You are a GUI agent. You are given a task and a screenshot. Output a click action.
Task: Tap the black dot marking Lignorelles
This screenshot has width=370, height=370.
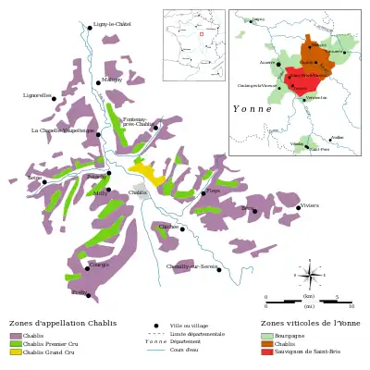(x=53, y=98)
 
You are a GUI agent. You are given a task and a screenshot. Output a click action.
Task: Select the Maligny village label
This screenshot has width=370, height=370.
(x=112, y=80)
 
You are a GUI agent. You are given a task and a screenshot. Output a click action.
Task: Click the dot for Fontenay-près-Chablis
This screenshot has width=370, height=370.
(x=155, y=128)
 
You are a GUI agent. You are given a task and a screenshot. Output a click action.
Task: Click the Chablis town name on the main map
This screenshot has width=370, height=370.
(x=137, y=192)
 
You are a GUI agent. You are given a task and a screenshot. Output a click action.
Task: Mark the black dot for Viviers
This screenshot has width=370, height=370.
(x=299, y=208)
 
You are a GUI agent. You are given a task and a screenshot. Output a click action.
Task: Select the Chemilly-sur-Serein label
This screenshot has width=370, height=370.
(x=191, y=266)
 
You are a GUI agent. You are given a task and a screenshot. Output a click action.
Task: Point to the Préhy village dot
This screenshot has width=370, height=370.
(x=89, y=296)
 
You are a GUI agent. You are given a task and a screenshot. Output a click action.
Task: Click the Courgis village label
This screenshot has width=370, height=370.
(x=99, y=265)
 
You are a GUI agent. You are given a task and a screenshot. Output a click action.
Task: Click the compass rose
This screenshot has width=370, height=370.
(x=310, y=275)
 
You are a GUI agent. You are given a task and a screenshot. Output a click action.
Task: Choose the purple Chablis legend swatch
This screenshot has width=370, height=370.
(x=16, y=335)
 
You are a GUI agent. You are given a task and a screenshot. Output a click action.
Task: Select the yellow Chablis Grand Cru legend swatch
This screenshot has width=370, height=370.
(x=16, y=351)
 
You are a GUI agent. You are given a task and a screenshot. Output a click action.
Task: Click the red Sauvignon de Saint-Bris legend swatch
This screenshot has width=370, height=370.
(x=267, y=351)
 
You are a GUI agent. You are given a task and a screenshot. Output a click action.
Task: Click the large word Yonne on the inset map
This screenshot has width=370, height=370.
(x=253, y=108)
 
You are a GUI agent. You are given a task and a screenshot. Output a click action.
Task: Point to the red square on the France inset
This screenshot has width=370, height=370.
(x=201, y=34)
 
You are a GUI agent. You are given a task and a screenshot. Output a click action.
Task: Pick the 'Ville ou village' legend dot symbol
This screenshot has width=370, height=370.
(x=156, y=326)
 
